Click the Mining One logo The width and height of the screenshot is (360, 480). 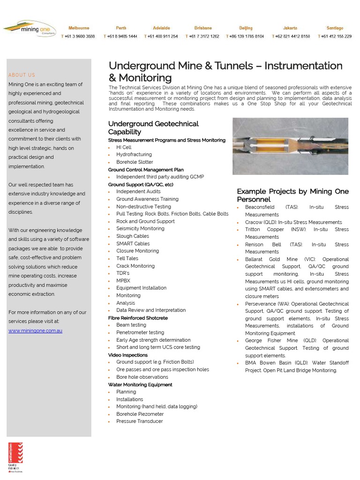[x=30, y=30]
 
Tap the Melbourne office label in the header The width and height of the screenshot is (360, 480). [x=78, y=28]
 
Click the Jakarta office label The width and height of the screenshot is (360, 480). [x=290, y=28]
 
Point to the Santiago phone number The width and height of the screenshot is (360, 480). [x=336, y=36]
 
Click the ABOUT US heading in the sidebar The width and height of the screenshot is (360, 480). [x=22, y=75]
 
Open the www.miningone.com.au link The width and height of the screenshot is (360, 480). [x=35, y=330]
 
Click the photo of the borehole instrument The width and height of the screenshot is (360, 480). [x=290, y=146]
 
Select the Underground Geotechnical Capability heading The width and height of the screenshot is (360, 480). [x=153, y=127]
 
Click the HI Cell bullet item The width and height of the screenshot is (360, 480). [x=124, y=147]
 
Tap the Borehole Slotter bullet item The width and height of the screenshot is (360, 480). [x=135, y=162]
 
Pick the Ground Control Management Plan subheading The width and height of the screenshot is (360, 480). [x=146, y=170]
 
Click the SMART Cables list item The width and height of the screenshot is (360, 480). [x=133, y=243]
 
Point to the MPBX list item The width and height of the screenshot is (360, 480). [x=123, y=280]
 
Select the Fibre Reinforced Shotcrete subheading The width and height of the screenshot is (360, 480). [x=138, y=318]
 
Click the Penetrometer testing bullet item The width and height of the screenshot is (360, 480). [x=140, y=332]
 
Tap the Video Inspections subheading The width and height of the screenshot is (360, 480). [x=127, y=355]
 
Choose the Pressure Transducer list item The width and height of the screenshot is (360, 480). [x=140, y=421]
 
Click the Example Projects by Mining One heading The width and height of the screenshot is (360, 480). [x=292, y=195]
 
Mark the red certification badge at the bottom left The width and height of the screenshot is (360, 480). [x=15, y=457]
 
